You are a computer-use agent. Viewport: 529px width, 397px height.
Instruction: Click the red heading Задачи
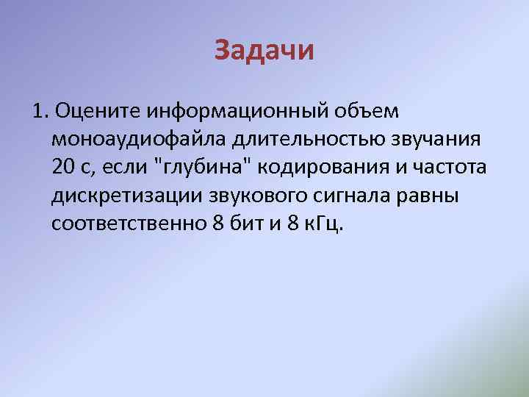264,51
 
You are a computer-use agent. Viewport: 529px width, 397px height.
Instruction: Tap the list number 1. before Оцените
41,111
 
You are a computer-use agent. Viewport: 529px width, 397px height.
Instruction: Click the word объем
372,111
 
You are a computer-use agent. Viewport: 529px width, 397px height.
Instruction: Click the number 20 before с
65,167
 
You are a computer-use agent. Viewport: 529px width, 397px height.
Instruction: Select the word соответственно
129,223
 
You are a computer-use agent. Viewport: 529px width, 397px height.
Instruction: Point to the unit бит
247,223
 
